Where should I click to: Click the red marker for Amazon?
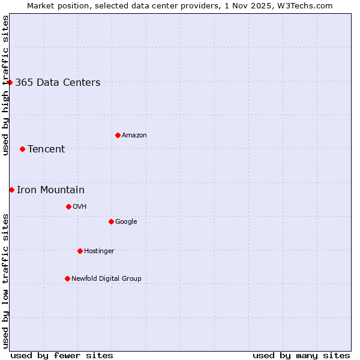(118, 135)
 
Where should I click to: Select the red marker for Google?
(111, 221)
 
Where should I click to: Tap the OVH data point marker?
(68, 206)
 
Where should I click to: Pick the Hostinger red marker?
(80, 251)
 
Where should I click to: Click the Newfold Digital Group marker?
(67, 278)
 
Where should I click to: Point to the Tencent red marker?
(22, 149)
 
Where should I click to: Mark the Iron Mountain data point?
(11, 190)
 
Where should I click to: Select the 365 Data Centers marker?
(10, 82)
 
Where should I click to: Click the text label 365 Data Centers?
(58, 83)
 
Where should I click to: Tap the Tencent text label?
(46, 149)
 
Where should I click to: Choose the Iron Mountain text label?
(50, 190)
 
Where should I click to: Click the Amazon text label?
(134, 136)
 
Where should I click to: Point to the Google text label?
(126, 222)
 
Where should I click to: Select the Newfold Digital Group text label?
(106, 278)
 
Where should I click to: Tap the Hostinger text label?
(99, 251)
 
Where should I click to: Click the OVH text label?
(80, 207)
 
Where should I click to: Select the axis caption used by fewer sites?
(62, 355)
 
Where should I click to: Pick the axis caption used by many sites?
(301, 355)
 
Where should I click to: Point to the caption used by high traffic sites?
(6, 85)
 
